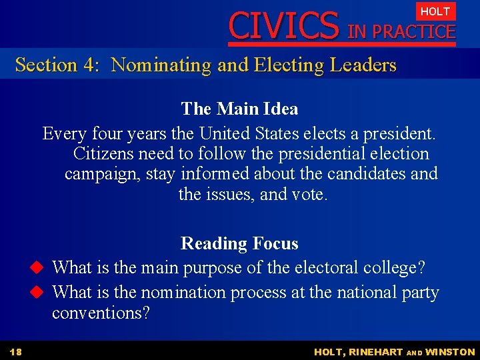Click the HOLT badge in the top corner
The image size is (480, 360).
tap(435, 11)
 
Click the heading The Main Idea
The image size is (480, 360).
tap(239, 109)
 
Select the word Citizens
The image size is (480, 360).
tap(103, 154)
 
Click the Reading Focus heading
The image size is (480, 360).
tap(239, 243)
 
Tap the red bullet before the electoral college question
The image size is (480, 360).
tap(37, 268)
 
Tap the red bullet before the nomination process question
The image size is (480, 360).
tap(37, 293)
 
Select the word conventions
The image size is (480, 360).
tap(101, 313)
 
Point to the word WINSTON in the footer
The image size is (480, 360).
tap(450, 352)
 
